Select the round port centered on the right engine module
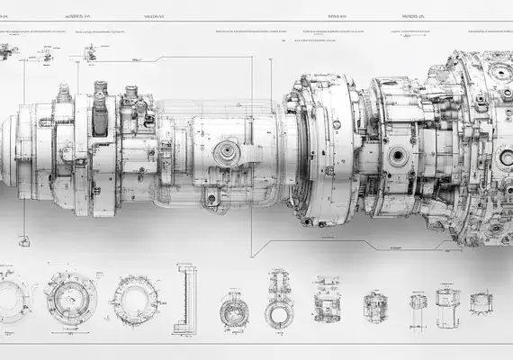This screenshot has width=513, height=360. (x=397, y=156)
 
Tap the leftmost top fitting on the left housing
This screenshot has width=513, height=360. (x=64, y=93)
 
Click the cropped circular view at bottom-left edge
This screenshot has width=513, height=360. (x=12, y=297)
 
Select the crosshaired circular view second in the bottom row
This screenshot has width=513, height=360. (x=71, y=297)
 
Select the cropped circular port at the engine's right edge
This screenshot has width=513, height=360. (x=507, y=157)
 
